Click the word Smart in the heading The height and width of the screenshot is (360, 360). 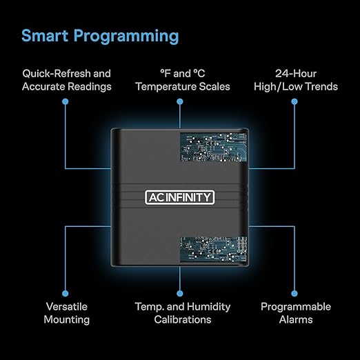click(x=45, y=35)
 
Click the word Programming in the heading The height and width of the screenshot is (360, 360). click(x=126, y=37)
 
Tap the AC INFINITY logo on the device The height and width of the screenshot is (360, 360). click(x=180, y=197)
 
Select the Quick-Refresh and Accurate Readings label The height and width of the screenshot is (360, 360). click(x=67, y=80)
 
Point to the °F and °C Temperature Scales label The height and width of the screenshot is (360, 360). click(x=183, y=80)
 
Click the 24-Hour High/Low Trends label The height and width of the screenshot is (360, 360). click(x=296, y=80)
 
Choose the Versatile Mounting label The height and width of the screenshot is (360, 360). click(x=67, y=313)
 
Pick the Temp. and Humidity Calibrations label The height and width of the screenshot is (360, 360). click(x=183, y=313)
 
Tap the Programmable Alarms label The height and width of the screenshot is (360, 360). click(x=296, y=313)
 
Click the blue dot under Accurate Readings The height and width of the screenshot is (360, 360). click(x=66, y=101)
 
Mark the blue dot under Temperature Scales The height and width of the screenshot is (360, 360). click(x=180, y=101)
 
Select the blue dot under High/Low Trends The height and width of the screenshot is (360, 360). click(x=294, y=101)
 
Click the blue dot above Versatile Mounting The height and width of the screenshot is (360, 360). click(x=66, y=293)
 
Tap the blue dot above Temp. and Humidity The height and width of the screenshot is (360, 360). click(x=180, y=293)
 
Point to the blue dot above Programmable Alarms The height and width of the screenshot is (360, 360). click(x=294, y=293)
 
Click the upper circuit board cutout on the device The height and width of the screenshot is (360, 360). click(x=213, y=147)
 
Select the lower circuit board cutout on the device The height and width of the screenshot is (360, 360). click(x=213, y=250)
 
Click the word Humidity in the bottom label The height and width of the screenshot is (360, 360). click(x=208, y=308)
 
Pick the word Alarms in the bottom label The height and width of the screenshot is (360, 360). click(x=296, y=319)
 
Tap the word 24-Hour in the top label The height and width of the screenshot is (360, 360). click(x=296, y=74)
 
